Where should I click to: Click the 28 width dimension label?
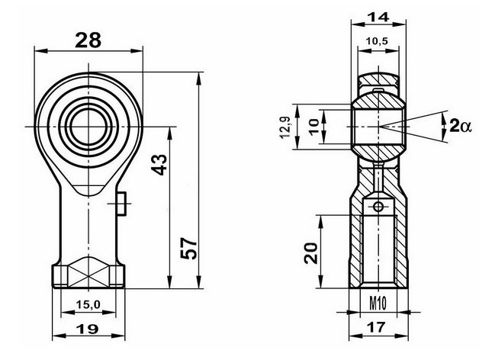pos(88,40)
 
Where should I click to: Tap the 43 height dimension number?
pos(159,165)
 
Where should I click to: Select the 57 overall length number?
pos(189,248)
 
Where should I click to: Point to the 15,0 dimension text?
pos(88,305)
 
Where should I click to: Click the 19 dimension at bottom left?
pos(88,329)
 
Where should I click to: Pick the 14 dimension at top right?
pos(379,17)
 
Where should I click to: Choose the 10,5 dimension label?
pos(377,40)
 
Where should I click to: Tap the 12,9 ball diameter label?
pos(285,127)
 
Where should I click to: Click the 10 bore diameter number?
pos(314,127)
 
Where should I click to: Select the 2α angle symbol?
pos(460,127)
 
